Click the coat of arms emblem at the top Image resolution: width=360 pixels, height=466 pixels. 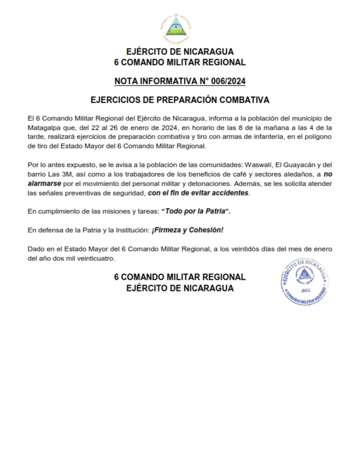pyautogui.click(x=179, y=28)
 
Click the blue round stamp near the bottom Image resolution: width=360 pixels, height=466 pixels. pyautogui.click(x=304, y=283)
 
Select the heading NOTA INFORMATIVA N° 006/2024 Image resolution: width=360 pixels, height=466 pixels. pyautogui.click(x=180, y=81)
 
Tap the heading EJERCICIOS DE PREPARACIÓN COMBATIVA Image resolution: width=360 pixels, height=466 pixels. pyautogui.click(x=180, y=100)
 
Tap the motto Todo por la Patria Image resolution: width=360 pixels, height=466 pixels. pyautogui.click(x=195, y=211)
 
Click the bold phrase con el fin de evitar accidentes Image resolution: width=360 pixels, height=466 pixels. pyautogui.click(x=199, y=192)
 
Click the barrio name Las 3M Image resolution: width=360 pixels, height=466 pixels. pyautogui.click(x=56, y=174)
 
